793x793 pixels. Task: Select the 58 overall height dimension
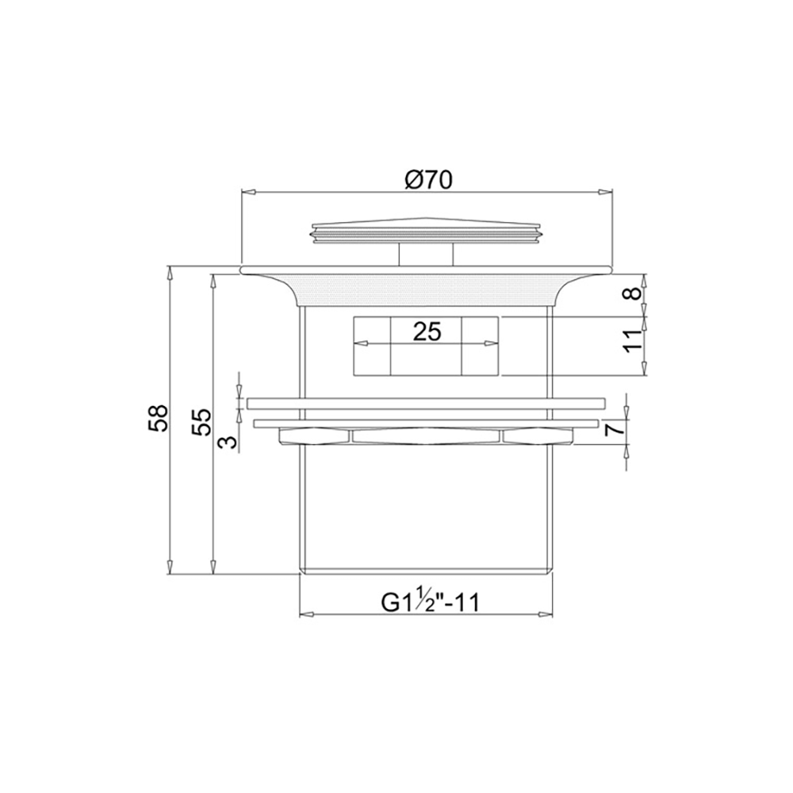tap(159, 418)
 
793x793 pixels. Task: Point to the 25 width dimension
tap(427, 331)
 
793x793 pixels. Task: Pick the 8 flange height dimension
tap(632, 293)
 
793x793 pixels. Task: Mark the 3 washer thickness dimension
tap(228, 439)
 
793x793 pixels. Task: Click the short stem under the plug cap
tap(427, 255)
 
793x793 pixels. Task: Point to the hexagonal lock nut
tap(427, 435)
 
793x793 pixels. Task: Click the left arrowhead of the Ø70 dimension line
tap(247, 191)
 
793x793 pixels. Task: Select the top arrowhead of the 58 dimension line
tap(169, 273)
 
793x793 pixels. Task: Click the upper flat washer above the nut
tap(427, 403)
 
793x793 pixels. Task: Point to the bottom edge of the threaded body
tap(427, 572)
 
